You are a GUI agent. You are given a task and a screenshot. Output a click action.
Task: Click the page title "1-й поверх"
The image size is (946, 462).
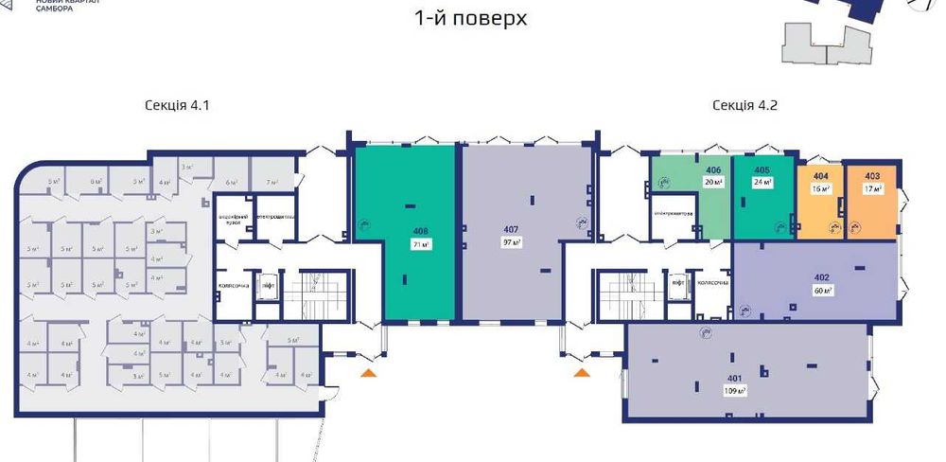pyautogui.click(x=470, y=18)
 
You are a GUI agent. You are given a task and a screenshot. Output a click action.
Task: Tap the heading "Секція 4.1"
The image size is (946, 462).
pyautogui.click(x=177, y=106)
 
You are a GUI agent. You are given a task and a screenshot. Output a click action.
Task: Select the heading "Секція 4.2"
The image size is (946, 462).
pyautogui.click(x=745, y=106)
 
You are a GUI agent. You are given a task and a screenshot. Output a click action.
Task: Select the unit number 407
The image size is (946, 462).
pyautogui.click(x=512, y=229)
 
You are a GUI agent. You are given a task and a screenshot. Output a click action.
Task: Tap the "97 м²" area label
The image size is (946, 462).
pyautogui.click(x=512, y=242)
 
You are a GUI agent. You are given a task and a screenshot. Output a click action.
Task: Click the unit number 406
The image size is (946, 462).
pyautogui.click(x=714, y=169)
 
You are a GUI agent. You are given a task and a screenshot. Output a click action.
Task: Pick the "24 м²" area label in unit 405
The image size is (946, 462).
pyautogui.click(x=762, y=183)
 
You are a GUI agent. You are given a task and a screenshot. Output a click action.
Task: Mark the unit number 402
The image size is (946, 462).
pyautogui.click(x=821, y=278)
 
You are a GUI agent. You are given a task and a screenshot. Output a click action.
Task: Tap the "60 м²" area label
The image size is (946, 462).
pyautogui.click(x=821, y=291)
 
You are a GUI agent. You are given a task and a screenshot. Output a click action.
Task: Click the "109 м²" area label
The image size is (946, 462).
pyautogui.click(x=735, y=391)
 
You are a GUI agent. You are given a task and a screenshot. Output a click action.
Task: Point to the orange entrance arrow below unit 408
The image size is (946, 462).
pyautogui.click(x=369, y=375)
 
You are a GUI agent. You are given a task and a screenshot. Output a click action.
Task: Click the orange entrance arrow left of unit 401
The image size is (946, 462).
pyautogui.click(x=581, y=375)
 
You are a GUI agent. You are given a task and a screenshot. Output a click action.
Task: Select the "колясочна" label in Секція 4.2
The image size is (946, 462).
pyautogui.click(x=711, y=282)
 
